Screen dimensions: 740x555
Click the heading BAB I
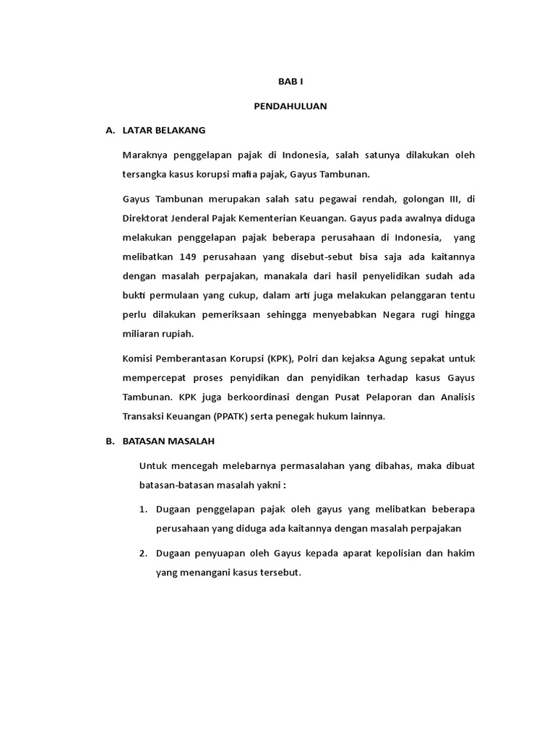291,82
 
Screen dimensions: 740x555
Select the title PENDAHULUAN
291,106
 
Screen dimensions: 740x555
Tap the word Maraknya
145,155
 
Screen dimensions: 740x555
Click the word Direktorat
147,218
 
